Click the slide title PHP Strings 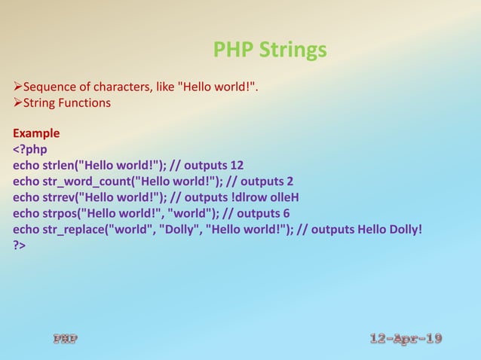270,50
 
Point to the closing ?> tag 20,246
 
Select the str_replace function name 77,229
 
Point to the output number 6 286,213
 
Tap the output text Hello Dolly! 394,229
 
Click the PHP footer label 65,339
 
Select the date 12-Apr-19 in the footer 406,339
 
